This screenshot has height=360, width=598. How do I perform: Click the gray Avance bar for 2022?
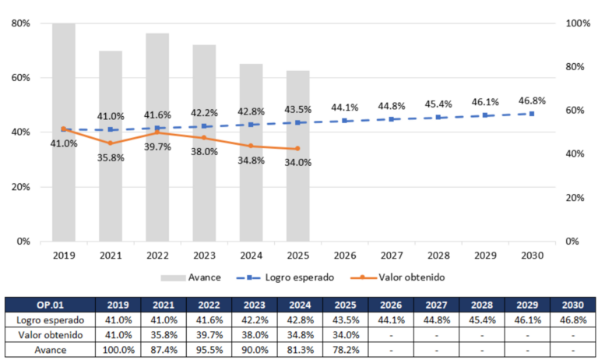[157, 137]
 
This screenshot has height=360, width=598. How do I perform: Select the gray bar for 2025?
[298, 156]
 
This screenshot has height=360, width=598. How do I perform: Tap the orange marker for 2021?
[111, 143]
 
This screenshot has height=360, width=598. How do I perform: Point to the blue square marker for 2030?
[532, 114]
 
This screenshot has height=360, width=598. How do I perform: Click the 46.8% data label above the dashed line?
[532, 101]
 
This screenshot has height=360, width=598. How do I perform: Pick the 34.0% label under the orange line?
[298, 163]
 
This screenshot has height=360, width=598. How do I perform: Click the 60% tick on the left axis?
[20, 78]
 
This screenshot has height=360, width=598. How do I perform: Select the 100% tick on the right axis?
[578, 23]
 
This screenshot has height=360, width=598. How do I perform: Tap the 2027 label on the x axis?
[392, 256]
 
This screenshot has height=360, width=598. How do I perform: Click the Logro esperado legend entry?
[285, 277]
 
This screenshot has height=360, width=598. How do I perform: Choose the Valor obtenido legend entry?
[398, 277]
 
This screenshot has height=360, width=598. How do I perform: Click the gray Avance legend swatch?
[173, 278]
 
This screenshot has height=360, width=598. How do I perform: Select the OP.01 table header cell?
[51, 305]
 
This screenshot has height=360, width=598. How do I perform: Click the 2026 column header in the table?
[391, 305]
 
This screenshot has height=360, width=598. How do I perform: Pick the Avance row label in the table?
[51, 350]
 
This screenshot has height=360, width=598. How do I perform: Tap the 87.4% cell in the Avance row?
[164, 350]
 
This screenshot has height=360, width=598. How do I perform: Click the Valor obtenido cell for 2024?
[300, 335]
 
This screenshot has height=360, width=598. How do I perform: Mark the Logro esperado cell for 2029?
[527, 320]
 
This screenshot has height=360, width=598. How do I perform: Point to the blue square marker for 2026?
[345, 121]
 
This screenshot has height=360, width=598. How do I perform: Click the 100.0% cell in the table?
[118, 350]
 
